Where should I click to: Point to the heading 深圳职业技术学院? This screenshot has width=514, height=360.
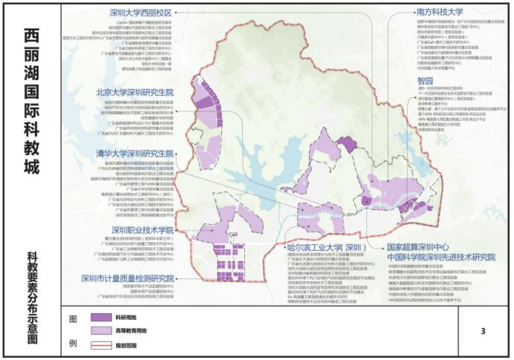coord(142,230)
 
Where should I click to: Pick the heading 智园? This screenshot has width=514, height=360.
coord(425,80)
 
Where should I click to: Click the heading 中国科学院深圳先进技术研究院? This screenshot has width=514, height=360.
coord(441,256)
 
